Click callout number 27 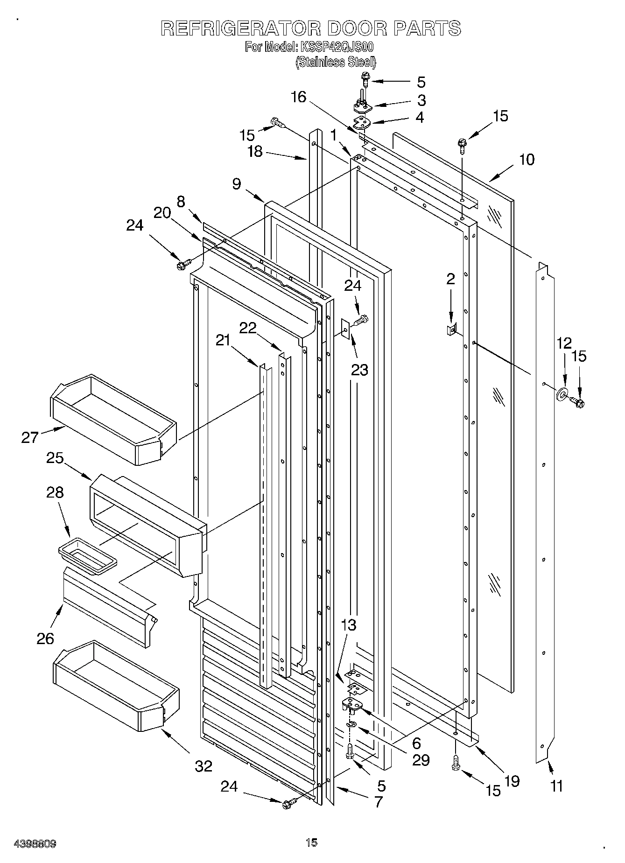[30, 437]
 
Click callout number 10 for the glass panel [527, 160]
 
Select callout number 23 [359, 370]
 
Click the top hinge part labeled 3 [362, 107]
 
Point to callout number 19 [512, 781]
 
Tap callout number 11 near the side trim [556, 786]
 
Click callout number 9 [237, 184]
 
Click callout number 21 [223, 340]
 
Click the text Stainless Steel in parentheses [336, 62]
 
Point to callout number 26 [45, 638]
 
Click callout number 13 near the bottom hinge [349, 625]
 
